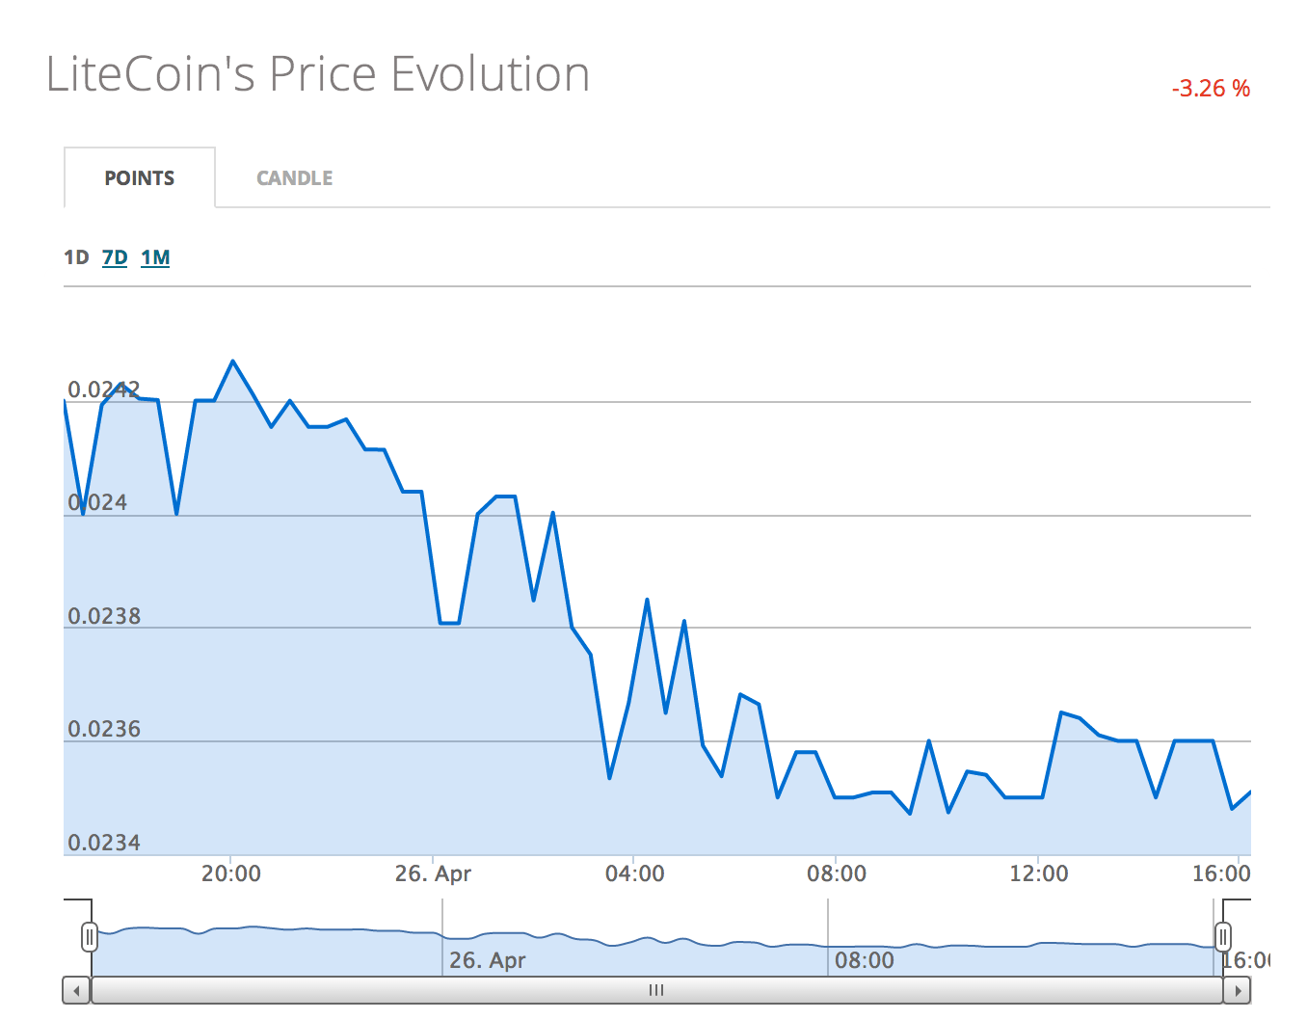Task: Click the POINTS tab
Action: pos(140,178)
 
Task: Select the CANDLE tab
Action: pos(294,178)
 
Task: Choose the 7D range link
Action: pos(115,257)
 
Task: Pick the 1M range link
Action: pos(155,257)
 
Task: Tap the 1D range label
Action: pos(76,257)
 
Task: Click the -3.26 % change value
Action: pos(1211,89)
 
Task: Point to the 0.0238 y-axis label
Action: pos(104,616)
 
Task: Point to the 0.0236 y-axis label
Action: pos(104,729)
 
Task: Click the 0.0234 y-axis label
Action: pos(104,843)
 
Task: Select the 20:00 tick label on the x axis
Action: pos(230,873)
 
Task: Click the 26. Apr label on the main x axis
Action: pos(433,873)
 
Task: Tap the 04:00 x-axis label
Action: pos(634,873)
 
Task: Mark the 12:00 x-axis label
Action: pos(1038,873)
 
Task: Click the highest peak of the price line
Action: pos(232,362)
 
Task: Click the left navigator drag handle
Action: pos(90,936)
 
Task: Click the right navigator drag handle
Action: pos(1222,936)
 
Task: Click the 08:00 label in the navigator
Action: pos(864,960)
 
